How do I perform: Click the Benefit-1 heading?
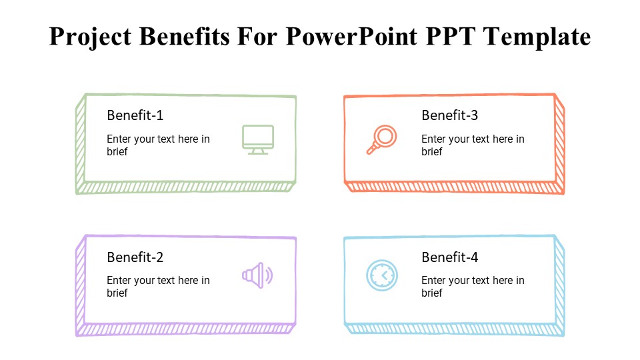point(135,115)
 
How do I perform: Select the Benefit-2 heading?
point(135,257)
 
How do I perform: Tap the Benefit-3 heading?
point(449,115)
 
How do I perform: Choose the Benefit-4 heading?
point(449,257)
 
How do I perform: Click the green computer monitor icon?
point(257,139)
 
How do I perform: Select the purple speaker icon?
point(257,275)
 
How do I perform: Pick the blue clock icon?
point(381,275)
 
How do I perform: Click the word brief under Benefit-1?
point(117,152)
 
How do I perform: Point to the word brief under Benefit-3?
point(431,152)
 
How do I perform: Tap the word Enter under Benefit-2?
point(119,281)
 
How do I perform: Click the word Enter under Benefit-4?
point(434,281)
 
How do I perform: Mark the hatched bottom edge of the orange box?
point(453,187)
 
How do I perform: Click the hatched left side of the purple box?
point(80,283)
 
